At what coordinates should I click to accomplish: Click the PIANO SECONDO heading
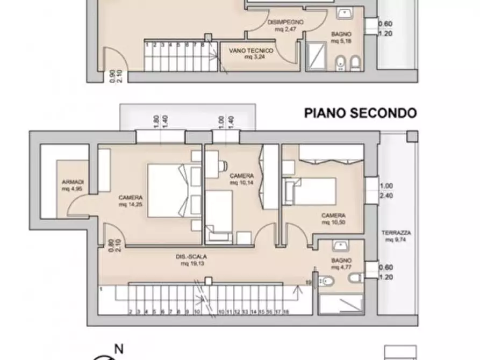pos(360,113)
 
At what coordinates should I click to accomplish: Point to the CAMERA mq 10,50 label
pos(333,218)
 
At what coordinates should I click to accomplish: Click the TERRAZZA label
pos(396,233)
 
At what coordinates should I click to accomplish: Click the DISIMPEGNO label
pos(285,23)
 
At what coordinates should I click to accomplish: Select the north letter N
pos(119,349)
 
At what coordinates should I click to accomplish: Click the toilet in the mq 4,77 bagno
pos(328,282)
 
